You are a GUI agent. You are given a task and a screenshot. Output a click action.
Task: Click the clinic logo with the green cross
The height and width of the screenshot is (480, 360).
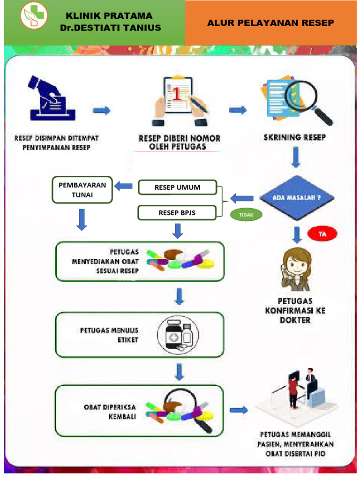(34, 15)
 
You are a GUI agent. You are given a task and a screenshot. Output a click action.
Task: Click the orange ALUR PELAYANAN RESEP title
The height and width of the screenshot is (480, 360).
(271, 22)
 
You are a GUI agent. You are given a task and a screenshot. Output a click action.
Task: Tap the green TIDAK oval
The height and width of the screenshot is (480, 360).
(246, 215)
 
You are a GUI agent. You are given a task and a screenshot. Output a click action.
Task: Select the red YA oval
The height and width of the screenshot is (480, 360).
(322, 233)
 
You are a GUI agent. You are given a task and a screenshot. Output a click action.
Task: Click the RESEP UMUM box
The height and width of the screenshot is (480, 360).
(177, 187)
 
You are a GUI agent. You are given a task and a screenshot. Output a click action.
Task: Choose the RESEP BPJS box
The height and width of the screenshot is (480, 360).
(177, 213)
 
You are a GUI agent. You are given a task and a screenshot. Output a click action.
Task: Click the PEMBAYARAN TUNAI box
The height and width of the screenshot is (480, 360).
(82, 190)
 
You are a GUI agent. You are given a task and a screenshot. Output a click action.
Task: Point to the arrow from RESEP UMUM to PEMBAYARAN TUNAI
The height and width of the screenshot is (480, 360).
(124, 186)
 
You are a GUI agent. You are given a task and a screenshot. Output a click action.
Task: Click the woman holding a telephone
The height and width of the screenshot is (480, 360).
(296, 269)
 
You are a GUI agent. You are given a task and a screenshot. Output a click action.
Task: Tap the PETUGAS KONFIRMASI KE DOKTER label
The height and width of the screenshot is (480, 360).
(295, 310)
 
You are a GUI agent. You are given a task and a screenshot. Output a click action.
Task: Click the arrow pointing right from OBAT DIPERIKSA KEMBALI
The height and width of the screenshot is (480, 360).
(240, 410)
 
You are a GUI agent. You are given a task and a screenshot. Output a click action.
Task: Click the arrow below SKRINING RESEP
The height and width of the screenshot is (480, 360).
(296, 158)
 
